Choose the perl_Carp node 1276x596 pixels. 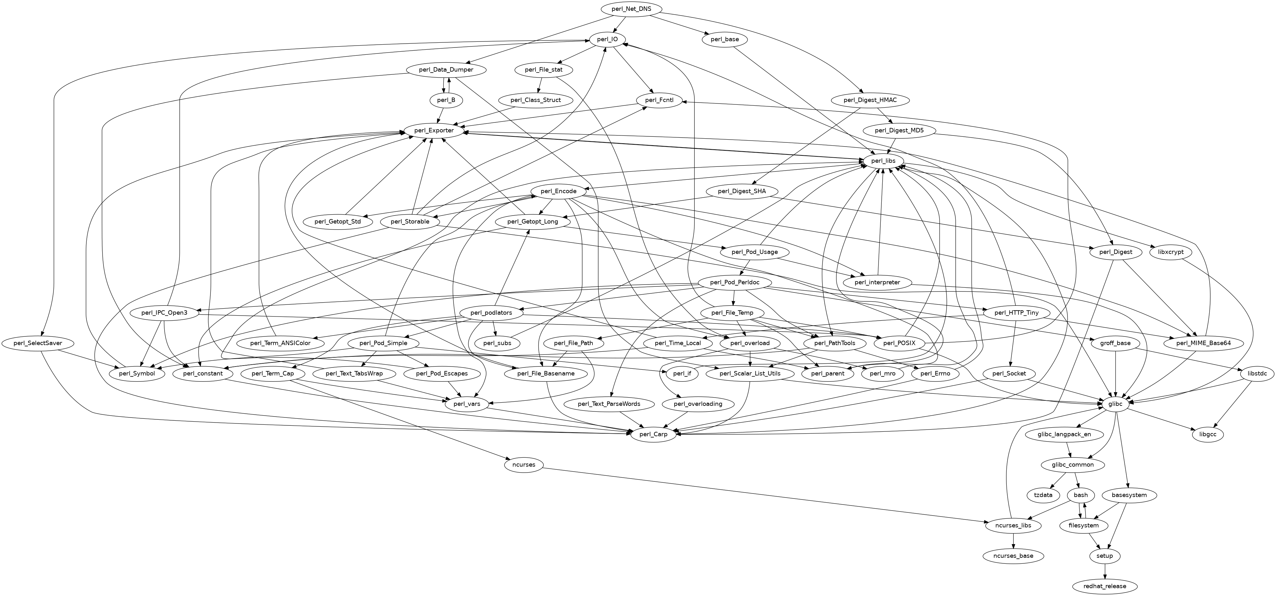[x=654, y=435]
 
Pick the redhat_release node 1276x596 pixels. [x=1104, y=586]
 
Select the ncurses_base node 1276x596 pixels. [x=1013, y=556]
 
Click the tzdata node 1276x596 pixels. [x=1043, y=495]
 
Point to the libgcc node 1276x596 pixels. [x=1208, y=435]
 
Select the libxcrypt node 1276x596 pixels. [x=1171, y=252]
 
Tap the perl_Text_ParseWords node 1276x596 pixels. [x=609, y=404]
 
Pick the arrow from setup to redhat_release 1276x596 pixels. [x=1104, y=571]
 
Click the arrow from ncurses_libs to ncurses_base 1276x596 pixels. [x=1013, y=541]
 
